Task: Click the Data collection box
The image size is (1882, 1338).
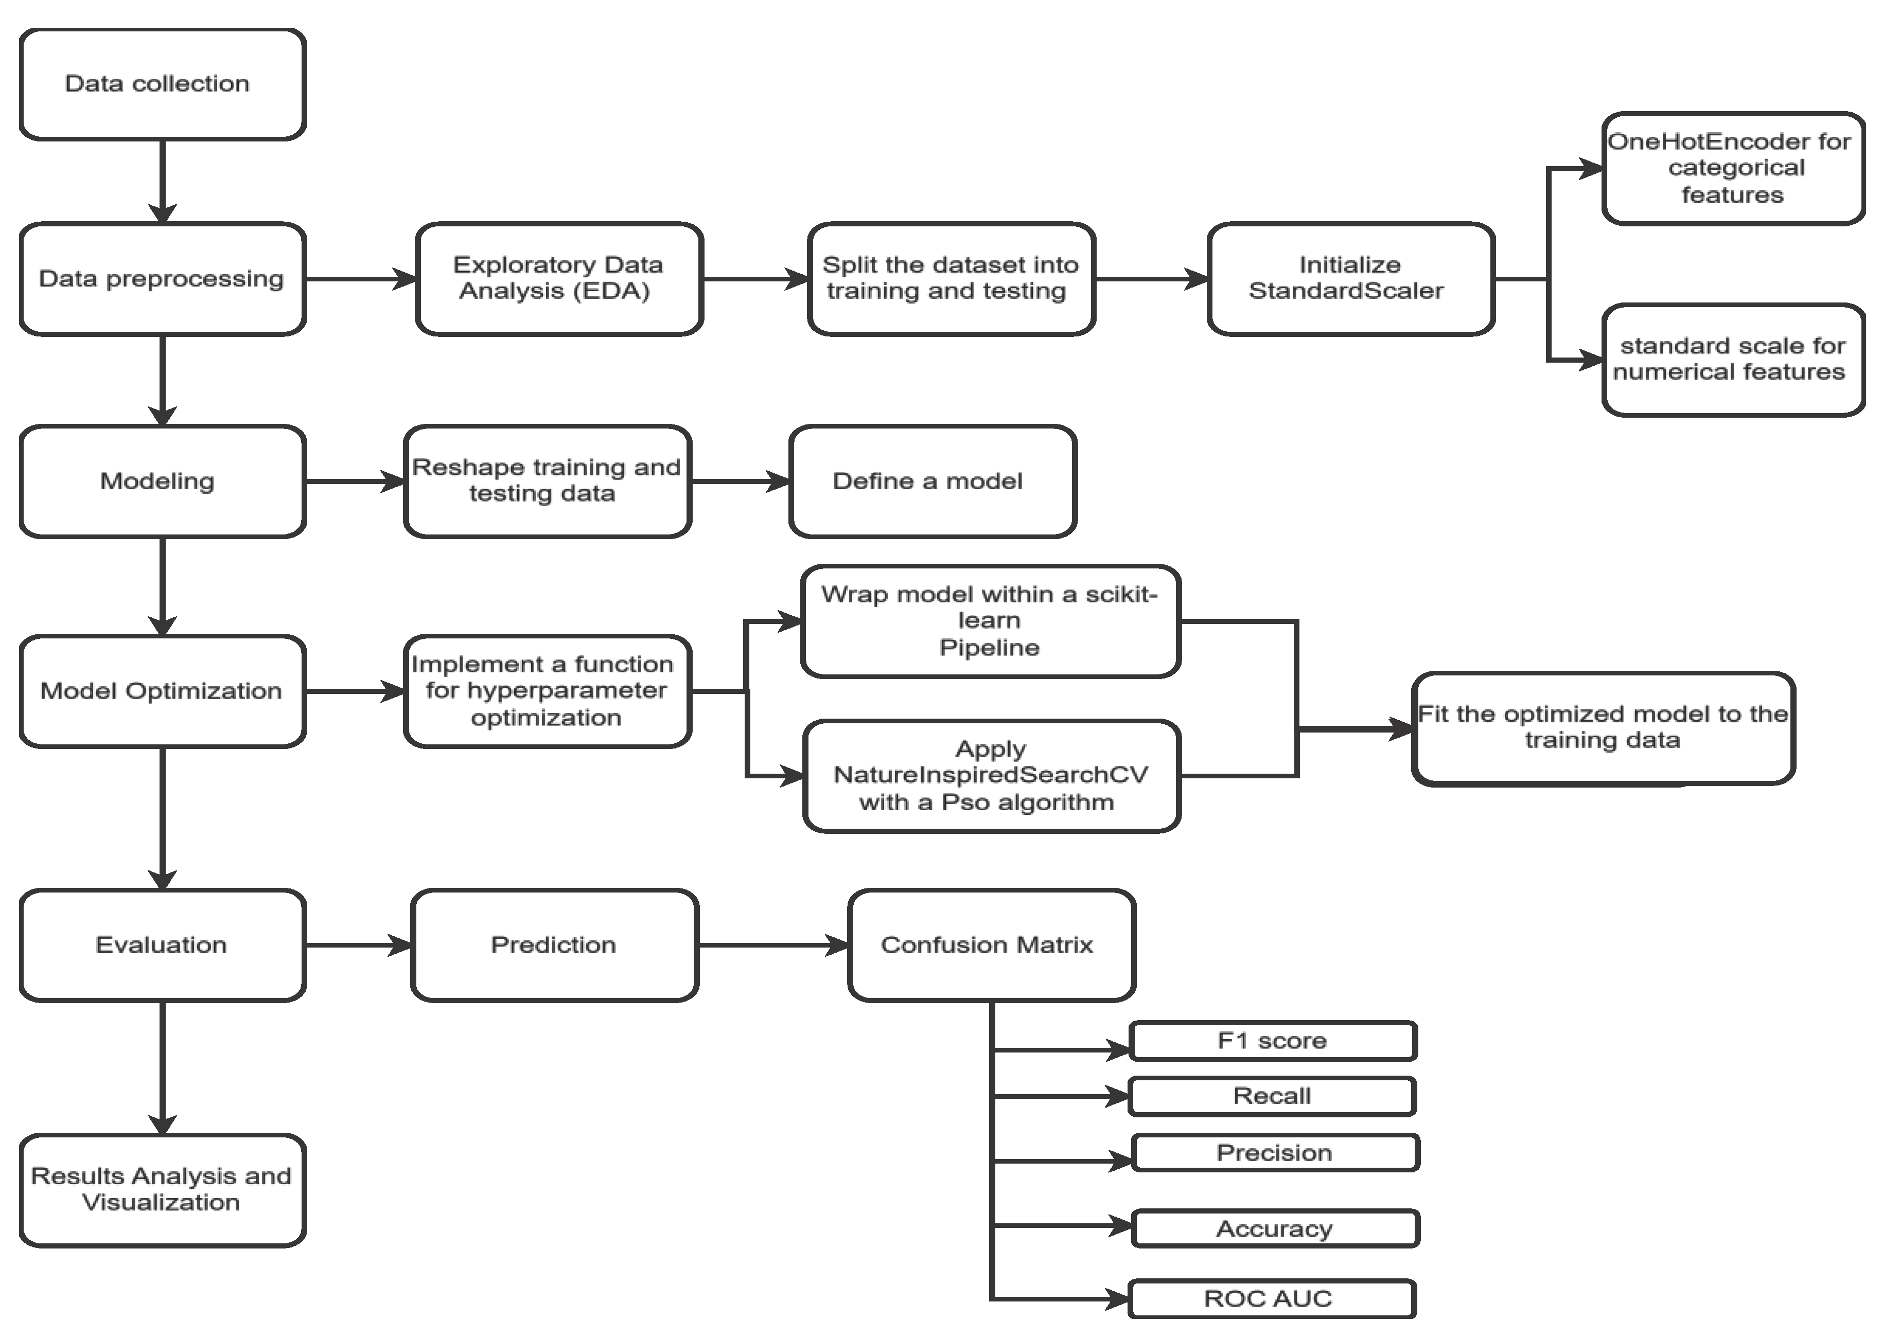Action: click(162, 84)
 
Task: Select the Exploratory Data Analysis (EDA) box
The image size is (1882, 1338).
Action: click(559, 278)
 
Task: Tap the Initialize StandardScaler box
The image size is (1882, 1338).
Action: click(1350, 278)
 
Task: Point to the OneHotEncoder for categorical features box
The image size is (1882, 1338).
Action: click(1733, 168)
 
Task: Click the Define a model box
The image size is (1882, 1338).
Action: click(932, 481)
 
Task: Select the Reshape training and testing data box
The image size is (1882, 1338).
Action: click(547, 481)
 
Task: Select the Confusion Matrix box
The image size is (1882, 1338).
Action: click(991, 945)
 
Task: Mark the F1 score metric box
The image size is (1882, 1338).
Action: click(1273, 1041)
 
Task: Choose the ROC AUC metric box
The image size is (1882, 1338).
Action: click(1272, 1299)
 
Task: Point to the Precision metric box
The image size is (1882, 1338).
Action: click(1275, 1153)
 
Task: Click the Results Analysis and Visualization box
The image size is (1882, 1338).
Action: click(162, 1190)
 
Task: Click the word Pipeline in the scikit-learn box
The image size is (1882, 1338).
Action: click(990, 648)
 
